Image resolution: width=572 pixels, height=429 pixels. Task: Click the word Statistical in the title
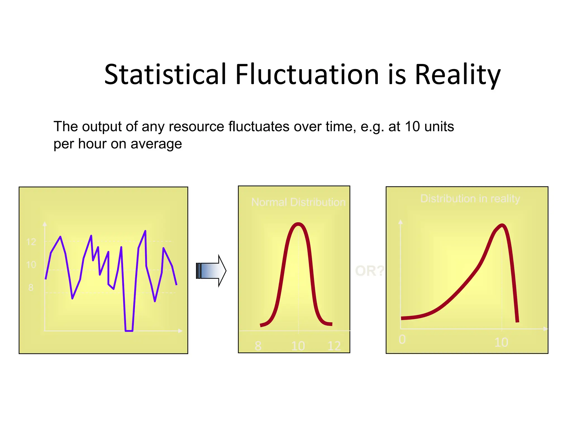pos(165,74)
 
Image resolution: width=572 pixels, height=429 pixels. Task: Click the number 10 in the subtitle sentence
pos(413,127)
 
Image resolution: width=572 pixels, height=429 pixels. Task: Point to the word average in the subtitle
pos(156,144)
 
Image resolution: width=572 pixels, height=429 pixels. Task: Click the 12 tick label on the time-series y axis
pos(31,242)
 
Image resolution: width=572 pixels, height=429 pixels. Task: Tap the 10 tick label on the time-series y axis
pos(31,265)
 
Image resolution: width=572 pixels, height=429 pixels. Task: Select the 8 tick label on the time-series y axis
pos(31,288)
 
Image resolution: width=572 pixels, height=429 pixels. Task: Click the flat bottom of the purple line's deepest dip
pos(129,331)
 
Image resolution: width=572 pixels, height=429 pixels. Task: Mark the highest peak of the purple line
pos(145,231)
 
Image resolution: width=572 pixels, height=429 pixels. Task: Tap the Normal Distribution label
pos(298,202)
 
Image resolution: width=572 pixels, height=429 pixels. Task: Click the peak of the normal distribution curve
pos(298,224)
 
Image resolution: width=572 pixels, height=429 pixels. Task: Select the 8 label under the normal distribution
pos(258,346)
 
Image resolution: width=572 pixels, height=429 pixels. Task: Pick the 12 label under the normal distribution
pos(334,346)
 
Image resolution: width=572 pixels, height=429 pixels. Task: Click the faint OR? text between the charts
pos(369,271)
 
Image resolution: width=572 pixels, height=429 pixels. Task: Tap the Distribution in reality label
pos(470,199)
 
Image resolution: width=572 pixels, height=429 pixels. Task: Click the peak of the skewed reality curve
pos(502,225)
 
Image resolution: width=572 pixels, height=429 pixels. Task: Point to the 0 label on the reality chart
pos(402,339)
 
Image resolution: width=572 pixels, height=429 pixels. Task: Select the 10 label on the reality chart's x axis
pos(501,342)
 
